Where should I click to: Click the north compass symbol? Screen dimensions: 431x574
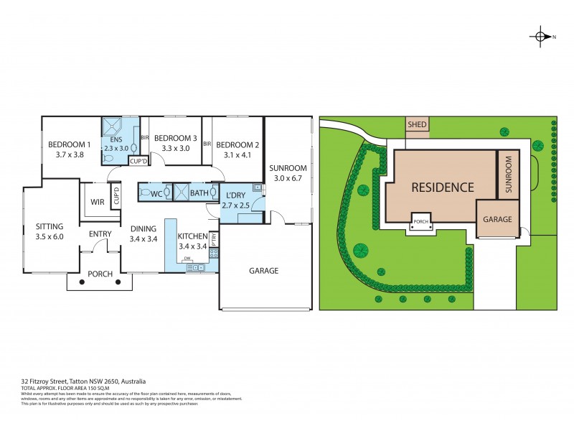[540, 37]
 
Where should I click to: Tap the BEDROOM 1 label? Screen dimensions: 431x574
[69, 144]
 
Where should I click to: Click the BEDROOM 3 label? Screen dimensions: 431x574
[175, 138]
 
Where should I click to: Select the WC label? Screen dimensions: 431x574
[155, 193]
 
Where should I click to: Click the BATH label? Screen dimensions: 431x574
[199, 193]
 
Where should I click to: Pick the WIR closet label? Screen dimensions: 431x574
[97, 202]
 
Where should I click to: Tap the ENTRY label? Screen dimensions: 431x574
[100, 234]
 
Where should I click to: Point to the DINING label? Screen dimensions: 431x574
[143, 229]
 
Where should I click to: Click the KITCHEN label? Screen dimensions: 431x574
[192, 236]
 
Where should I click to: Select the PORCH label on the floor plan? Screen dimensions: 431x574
[100, 274]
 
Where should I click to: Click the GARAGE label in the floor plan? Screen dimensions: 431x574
[263, 271]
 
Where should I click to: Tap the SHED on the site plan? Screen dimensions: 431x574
[418, 125]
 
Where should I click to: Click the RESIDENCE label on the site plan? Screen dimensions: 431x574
[442, 187]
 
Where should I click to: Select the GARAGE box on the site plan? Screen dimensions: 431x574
[497, 218]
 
